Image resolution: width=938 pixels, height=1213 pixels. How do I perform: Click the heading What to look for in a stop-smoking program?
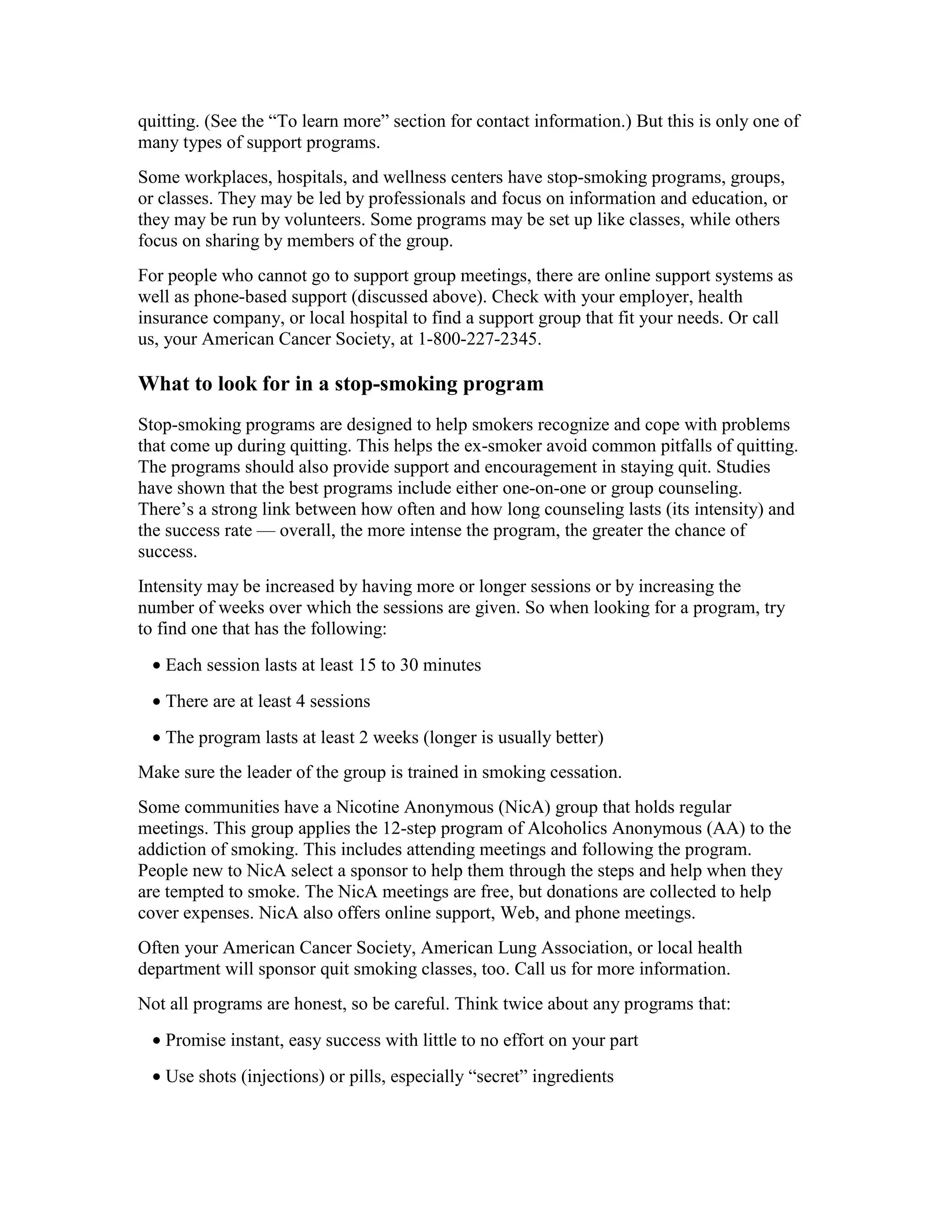click(x=341, y=384)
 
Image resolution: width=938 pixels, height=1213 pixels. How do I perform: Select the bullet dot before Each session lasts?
click(x=158, y=666)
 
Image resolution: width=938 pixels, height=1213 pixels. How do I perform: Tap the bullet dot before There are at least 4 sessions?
click(x=158, y=702)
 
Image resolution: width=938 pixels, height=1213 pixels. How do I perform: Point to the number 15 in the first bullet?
click(x=367, y=665)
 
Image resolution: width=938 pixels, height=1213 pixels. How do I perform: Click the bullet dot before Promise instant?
click(x=158, y=1041)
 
